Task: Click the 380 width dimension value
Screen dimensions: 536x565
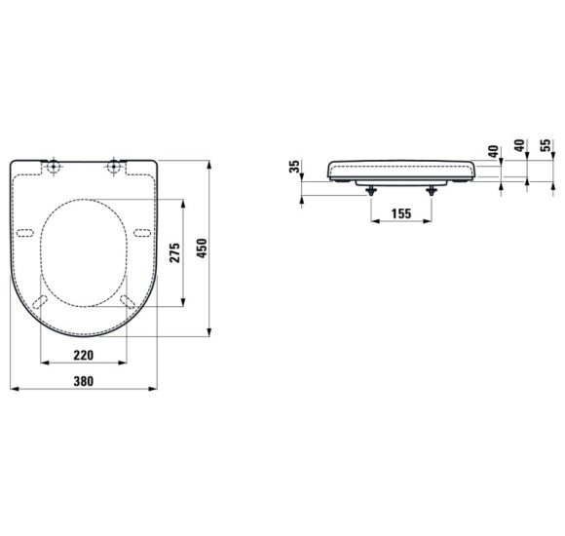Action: [x=84, y=381]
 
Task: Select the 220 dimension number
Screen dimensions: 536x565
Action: [x=84, y=355]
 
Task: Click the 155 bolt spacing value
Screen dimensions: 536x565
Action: [x=399, y=213]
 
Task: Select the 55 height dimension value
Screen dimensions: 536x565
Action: [x=547, y=151]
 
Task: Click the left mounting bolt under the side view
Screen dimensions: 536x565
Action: [x=371, y=189]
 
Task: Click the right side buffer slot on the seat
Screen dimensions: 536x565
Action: [x=142, y=232]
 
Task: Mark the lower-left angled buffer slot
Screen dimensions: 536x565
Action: [x=41, y=299]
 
